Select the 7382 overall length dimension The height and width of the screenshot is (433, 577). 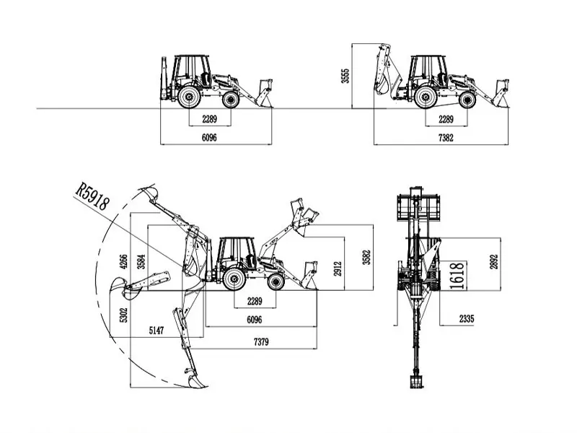click(x=446, y=137)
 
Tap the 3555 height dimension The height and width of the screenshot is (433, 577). click(x=345, y=76)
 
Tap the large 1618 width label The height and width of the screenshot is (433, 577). click(x=455, y=275)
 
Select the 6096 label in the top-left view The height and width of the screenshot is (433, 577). click(x=209, y=137)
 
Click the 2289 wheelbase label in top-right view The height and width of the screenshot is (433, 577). click(x=446, y=119)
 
